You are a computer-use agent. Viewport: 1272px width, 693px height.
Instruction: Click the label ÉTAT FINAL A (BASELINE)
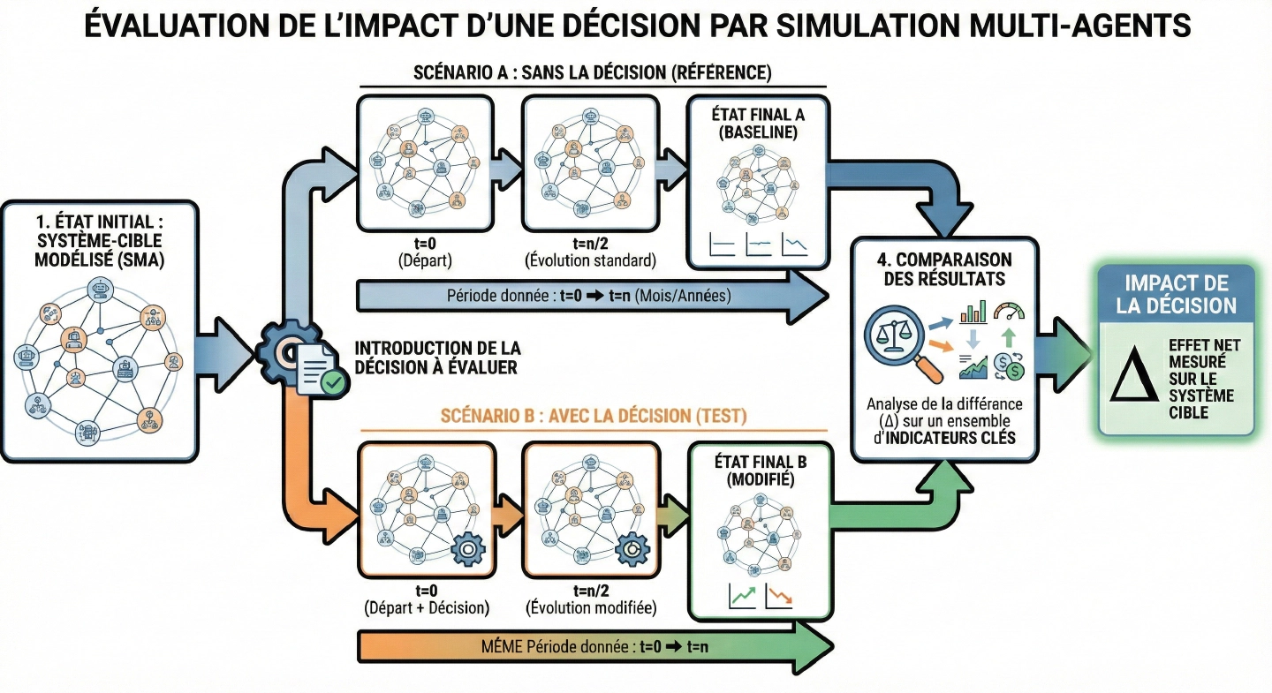759,124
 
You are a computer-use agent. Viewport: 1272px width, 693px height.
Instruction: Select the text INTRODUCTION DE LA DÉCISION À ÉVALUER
435,357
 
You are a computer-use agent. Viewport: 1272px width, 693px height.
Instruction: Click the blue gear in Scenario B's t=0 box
467,548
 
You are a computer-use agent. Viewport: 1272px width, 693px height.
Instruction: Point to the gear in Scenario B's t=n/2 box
632,550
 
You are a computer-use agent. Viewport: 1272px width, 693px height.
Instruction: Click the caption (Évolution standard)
590,260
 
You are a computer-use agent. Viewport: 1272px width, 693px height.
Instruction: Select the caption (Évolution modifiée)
590,608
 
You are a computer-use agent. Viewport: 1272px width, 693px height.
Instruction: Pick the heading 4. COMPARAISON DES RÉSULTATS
944,269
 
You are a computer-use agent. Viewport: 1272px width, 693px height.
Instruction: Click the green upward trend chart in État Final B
742,597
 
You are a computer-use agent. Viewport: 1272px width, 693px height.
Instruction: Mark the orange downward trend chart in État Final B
780,597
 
